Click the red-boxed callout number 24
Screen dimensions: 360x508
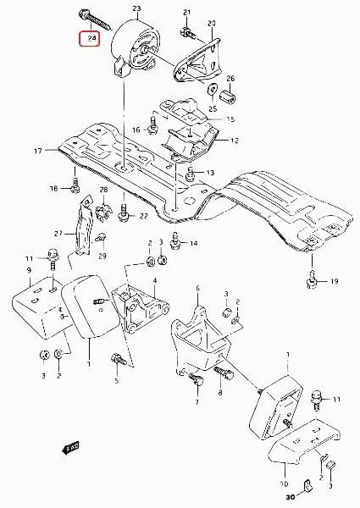[x=92, y=38]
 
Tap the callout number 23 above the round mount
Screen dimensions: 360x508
[x=136, y=8]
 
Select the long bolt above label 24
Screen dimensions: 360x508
[x=95, y=20]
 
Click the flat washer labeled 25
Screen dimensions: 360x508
[x=213, y=89]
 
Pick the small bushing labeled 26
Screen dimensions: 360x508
[x=228, y=97]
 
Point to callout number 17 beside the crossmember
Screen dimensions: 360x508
[x=38, y=151]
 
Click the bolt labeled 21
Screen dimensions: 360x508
[x=187, y=33]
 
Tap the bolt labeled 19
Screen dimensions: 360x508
[x=311, y=280]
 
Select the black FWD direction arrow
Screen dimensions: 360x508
[x=70, y=448]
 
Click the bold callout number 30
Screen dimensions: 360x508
[x=291, y=497]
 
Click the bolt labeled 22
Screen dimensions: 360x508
[x=125, y=213]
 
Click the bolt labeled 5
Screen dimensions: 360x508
[x=119, y=359]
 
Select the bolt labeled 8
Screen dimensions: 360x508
[x=224, y=373]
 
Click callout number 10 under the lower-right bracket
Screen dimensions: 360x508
[x=284, y=483]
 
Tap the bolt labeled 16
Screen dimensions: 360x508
[x=153, y=126]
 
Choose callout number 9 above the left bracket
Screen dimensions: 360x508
[x=29, y=269]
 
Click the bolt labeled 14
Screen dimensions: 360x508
[x=175, y=242]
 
